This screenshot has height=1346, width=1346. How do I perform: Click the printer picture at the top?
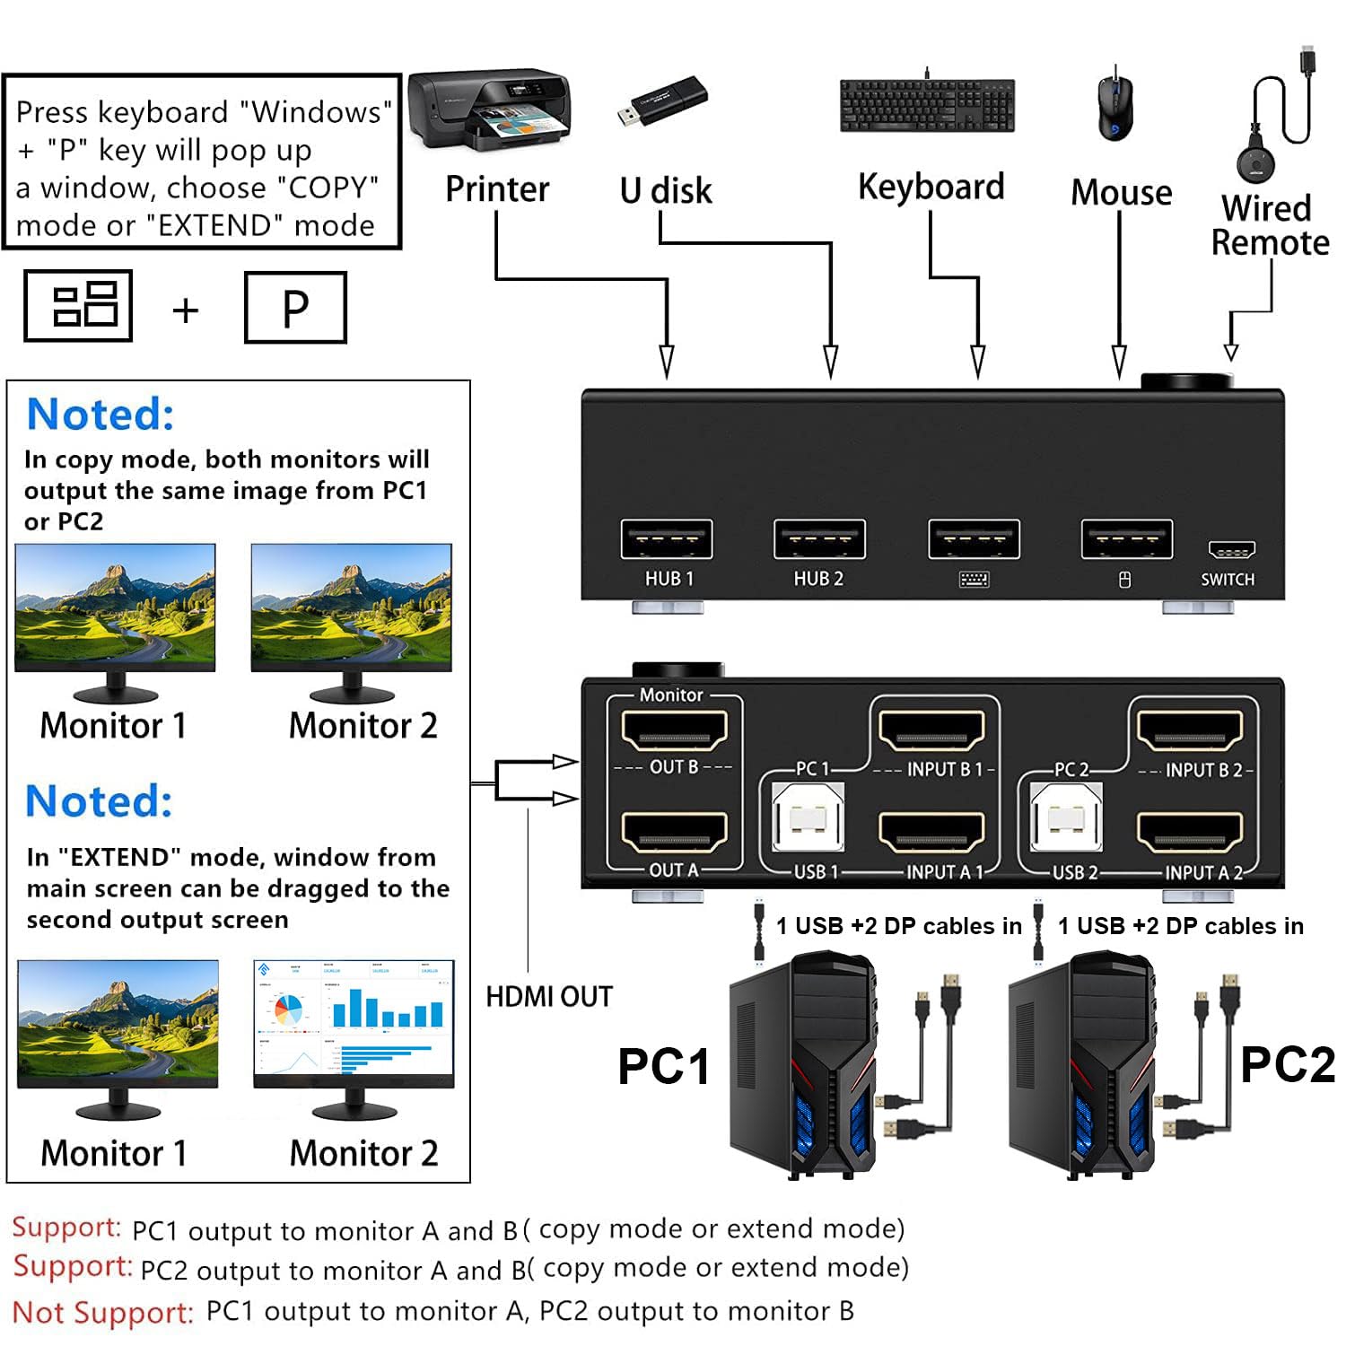point(489,110)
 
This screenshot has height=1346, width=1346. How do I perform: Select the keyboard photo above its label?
point(927,105)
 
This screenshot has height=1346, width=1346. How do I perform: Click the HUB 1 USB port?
point(667,539)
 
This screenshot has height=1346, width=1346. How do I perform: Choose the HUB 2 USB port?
point(819,539)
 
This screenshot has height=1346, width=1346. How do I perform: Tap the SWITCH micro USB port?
point(1231,550)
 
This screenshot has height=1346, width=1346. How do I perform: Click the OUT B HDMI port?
point(674,730)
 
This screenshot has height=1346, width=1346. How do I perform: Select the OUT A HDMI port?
point(674,833)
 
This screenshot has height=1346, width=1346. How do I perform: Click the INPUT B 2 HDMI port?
point(1190,730)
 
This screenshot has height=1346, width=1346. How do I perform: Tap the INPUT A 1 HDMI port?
point(931,833)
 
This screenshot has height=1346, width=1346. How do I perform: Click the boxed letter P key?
point(295,308)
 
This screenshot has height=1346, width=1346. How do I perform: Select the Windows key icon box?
point(78,306)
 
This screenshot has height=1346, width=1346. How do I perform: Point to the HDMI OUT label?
point(548,997)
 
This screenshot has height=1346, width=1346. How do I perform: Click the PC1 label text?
point(663,1067)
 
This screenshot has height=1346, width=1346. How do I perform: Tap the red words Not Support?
point(103,1313)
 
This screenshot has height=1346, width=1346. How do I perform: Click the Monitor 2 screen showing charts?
point(354,1023)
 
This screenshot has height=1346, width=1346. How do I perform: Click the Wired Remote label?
point(1269,225)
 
